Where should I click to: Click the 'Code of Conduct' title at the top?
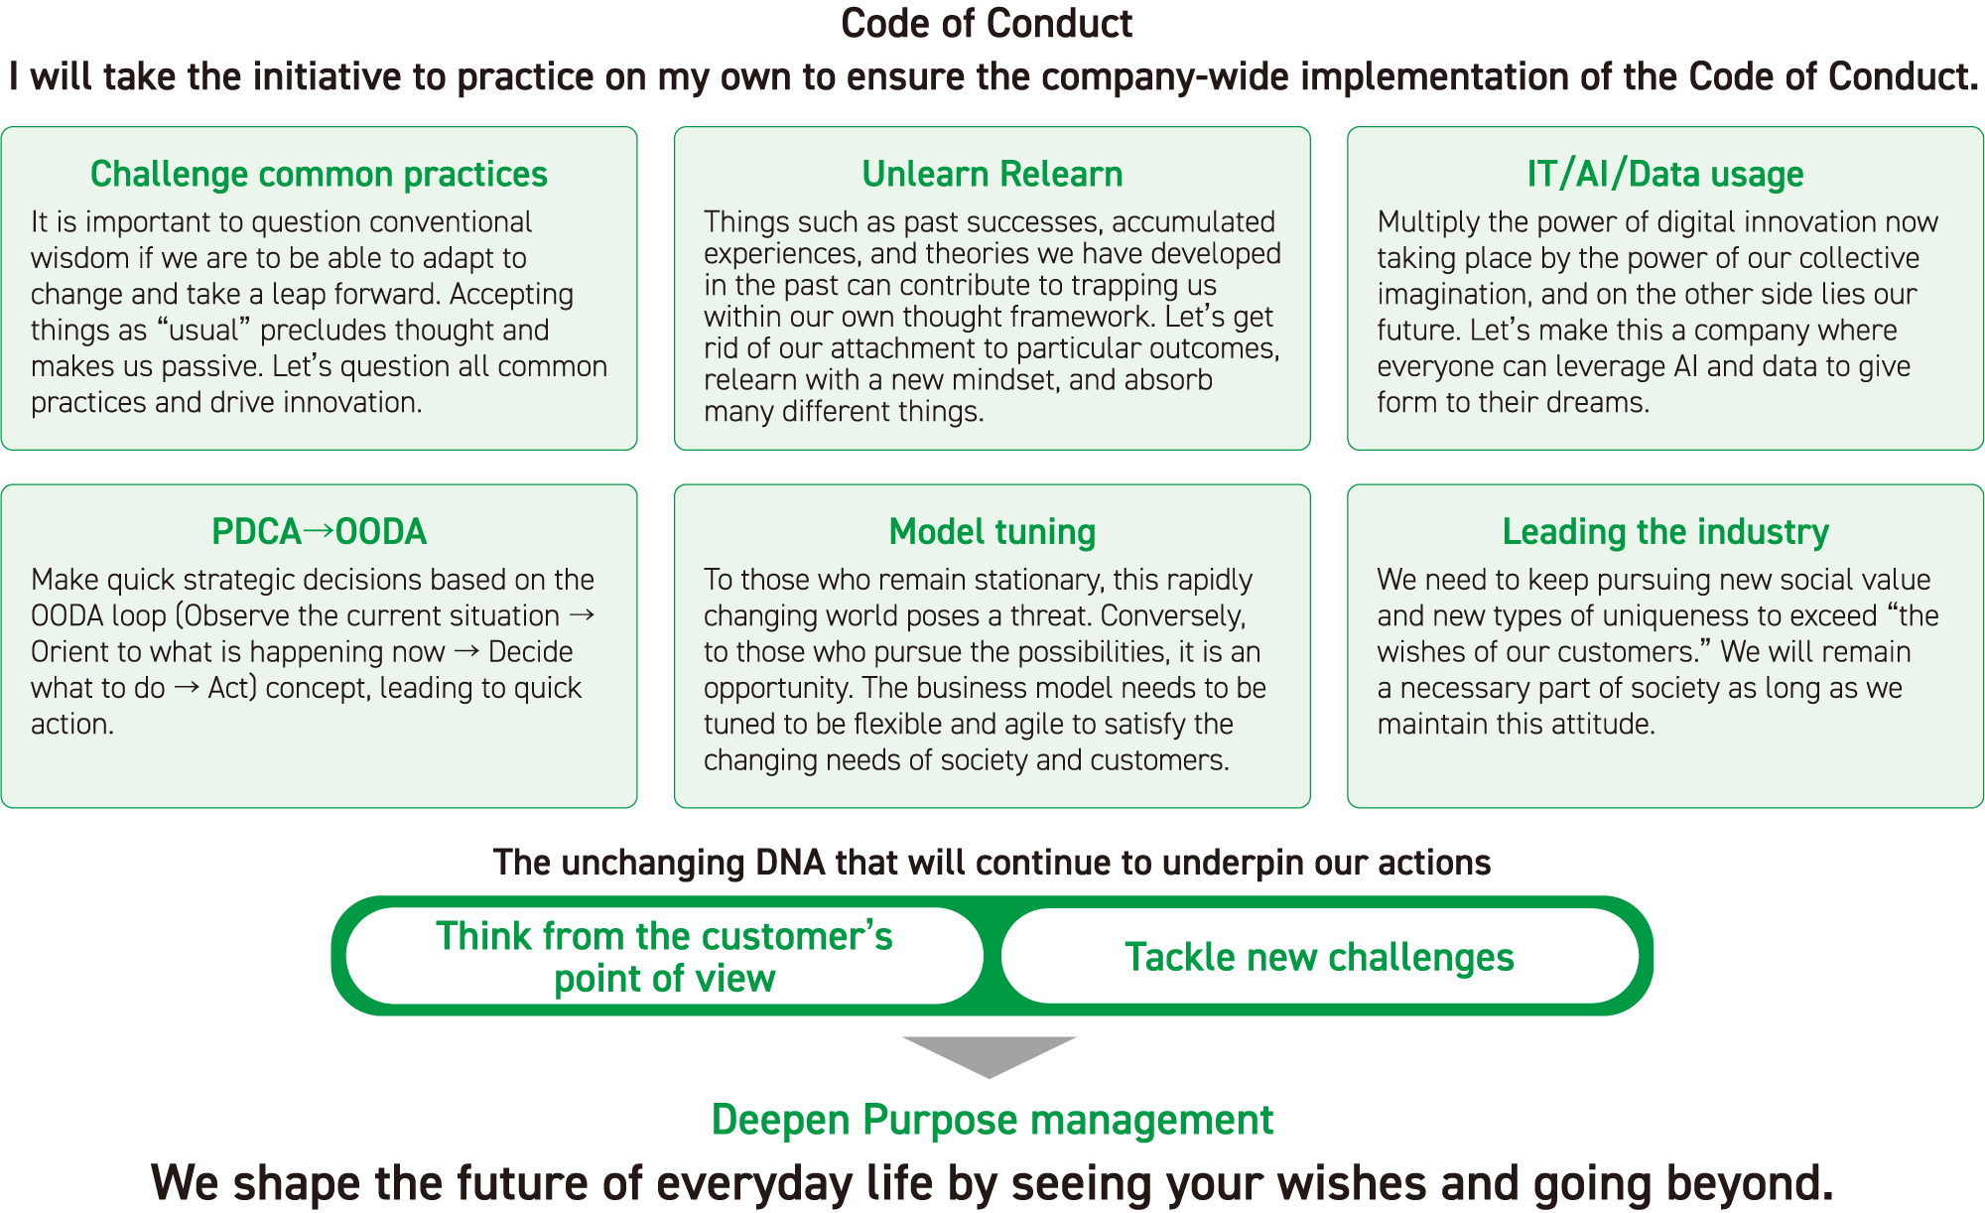(x=987, y=24)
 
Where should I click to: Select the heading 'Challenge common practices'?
(x=319, y=174)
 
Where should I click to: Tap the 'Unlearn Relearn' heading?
(x=992, y=174)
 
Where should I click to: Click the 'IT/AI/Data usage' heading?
(x=1665, y=174)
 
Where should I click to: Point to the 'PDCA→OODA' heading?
(x=319, y=532)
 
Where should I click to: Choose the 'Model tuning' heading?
(x=992, y=532)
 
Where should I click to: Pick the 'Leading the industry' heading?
(x=1665, y=532)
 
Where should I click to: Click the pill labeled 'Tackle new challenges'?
(x=1320, y=956)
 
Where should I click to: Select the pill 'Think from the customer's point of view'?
(x=665, y=956)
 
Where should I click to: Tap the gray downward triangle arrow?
(x=990, y=1054)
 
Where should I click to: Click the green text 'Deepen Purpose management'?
(x=992, y=1120)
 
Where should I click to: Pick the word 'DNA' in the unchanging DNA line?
(x=790, y=863)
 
